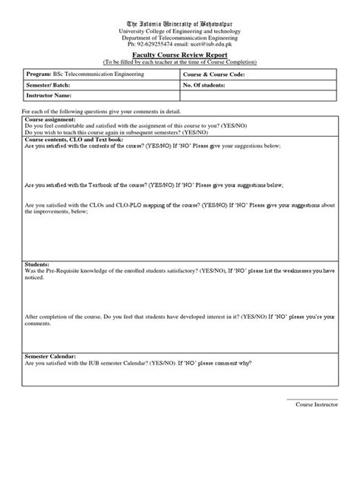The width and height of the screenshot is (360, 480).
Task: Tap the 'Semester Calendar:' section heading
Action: click(55, 355)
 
